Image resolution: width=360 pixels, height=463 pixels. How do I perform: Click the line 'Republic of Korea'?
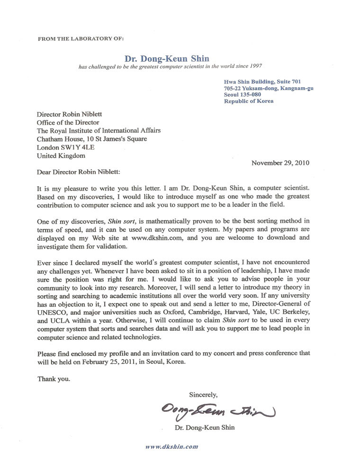click(249, 101)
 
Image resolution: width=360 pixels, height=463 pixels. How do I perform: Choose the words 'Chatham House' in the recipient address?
click(58, 139)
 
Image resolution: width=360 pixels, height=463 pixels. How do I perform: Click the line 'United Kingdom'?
click(61, 155)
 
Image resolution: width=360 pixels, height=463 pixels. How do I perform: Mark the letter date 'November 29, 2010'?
click(280, 163)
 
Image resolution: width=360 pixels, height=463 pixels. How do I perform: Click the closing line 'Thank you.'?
click(54, 379)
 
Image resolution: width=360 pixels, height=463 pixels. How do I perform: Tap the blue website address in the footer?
click(171, 446)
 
